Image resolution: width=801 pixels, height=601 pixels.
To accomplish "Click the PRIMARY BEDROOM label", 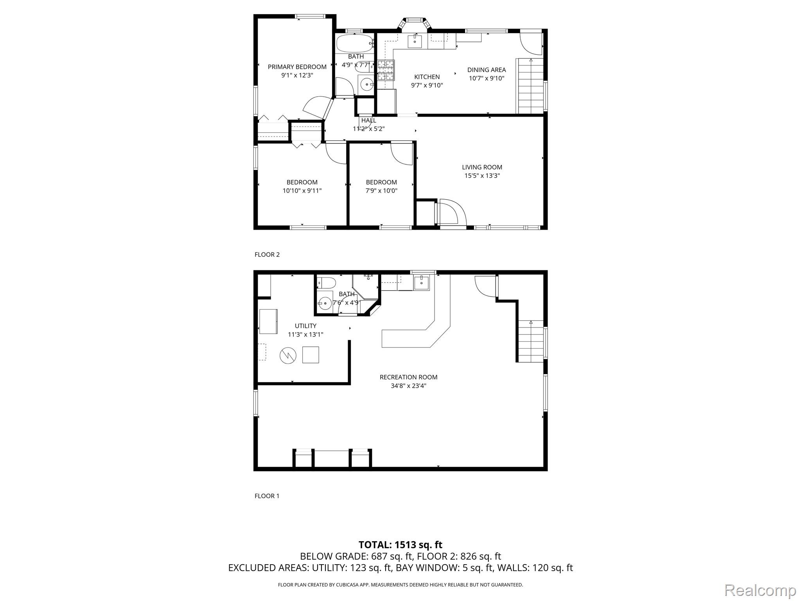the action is [x=297, y=67].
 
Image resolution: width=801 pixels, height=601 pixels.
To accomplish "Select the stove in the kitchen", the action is [x=386, y=70].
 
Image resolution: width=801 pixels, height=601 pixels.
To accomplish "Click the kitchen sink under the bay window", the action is [x=415, y=41].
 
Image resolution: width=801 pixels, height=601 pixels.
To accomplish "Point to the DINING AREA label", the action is [x=487, y=70].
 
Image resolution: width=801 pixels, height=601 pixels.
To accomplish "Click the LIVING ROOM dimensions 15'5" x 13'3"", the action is [x=482, y=176].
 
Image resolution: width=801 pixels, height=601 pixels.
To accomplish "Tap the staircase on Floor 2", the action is [x=530, y=86].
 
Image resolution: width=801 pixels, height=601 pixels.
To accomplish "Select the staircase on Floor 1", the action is [x=531, y=341].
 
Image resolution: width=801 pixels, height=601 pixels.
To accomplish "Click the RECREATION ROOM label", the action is [x=408, y=377].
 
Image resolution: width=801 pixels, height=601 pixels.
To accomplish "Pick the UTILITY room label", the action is [x=305, y=326].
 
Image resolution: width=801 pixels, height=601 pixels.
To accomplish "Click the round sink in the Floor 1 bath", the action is [x=324, y=302].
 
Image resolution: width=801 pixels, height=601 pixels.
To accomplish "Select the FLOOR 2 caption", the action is [x=267, y=255].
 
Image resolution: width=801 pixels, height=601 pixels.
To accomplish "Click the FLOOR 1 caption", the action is [x=267, y=496].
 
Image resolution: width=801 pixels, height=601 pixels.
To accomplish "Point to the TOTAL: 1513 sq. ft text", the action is [x=400, y=545].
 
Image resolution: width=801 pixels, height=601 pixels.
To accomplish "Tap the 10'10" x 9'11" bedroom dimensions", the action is [x=302, y=191].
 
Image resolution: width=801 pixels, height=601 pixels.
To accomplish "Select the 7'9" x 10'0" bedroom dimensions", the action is [x=381, y=191].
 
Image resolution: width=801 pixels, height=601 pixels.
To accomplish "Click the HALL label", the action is [x=369, y=121].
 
